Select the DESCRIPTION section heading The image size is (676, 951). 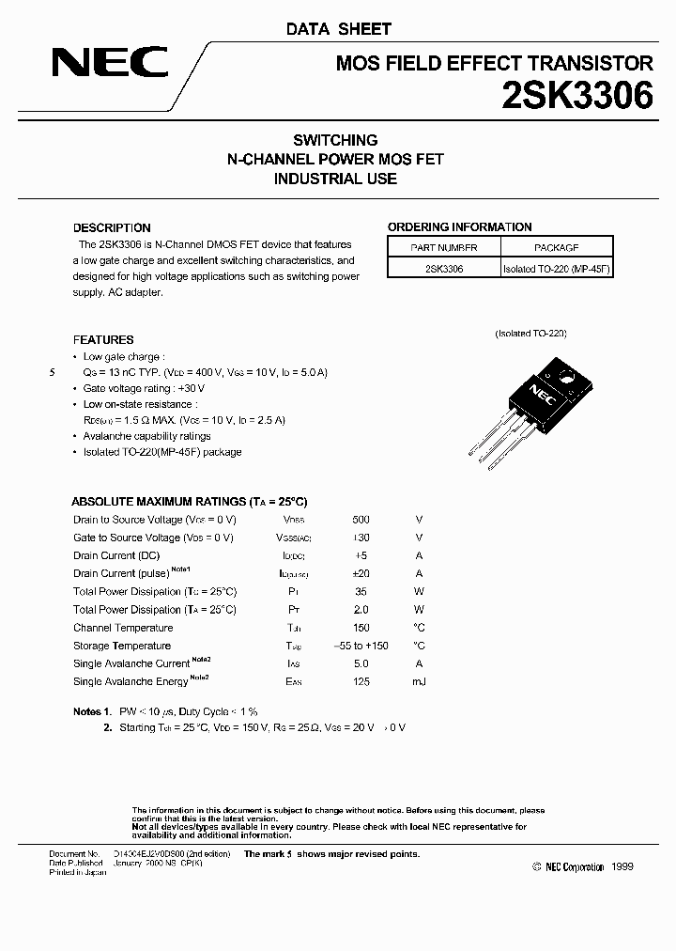pyautogui.click(x=112, y=227)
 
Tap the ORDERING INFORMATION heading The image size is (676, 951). pyautogui.click(x=459, y=226)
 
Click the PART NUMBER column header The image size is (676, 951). pyautogui.click(x=444, y=247)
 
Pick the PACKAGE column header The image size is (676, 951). pyautogui.click(x=557, y=247)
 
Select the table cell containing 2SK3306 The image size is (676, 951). pyautogui.click(x=444, y=268)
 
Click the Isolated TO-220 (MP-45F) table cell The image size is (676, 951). pyautogui.click(x=557, y=268)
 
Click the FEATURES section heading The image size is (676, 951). pyautogui.click(x=103, y=339)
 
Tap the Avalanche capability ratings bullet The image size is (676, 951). pyautogui.click(x=146, y=436)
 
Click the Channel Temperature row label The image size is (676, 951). pyautogui.click(x=123, y=628)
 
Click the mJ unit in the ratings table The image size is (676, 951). pyautogui.click(x=419, y=681)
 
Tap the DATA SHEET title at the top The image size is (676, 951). pyautogui.click(x=338, y=29)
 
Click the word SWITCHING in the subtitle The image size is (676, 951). pyautogui.click(x=335, y=140)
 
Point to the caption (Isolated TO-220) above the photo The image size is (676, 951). pyautogui.click(x=530, y=334)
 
